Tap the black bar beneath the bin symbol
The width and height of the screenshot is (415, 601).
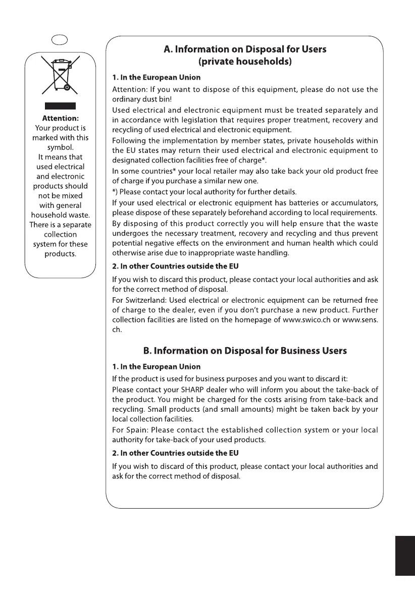pyautogui.click(x=60, y=106)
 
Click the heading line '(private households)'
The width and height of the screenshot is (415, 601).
pyautogui.click(x=245, y=62)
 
